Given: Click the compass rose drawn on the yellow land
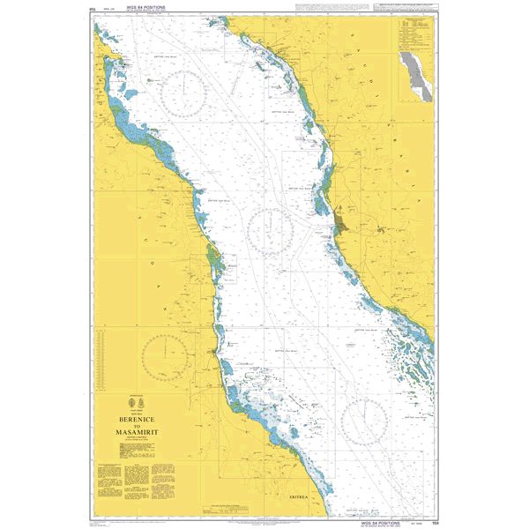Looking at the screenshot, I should coord(165,357).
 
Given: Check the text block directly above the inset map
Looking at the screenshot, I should coord(412,35).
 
